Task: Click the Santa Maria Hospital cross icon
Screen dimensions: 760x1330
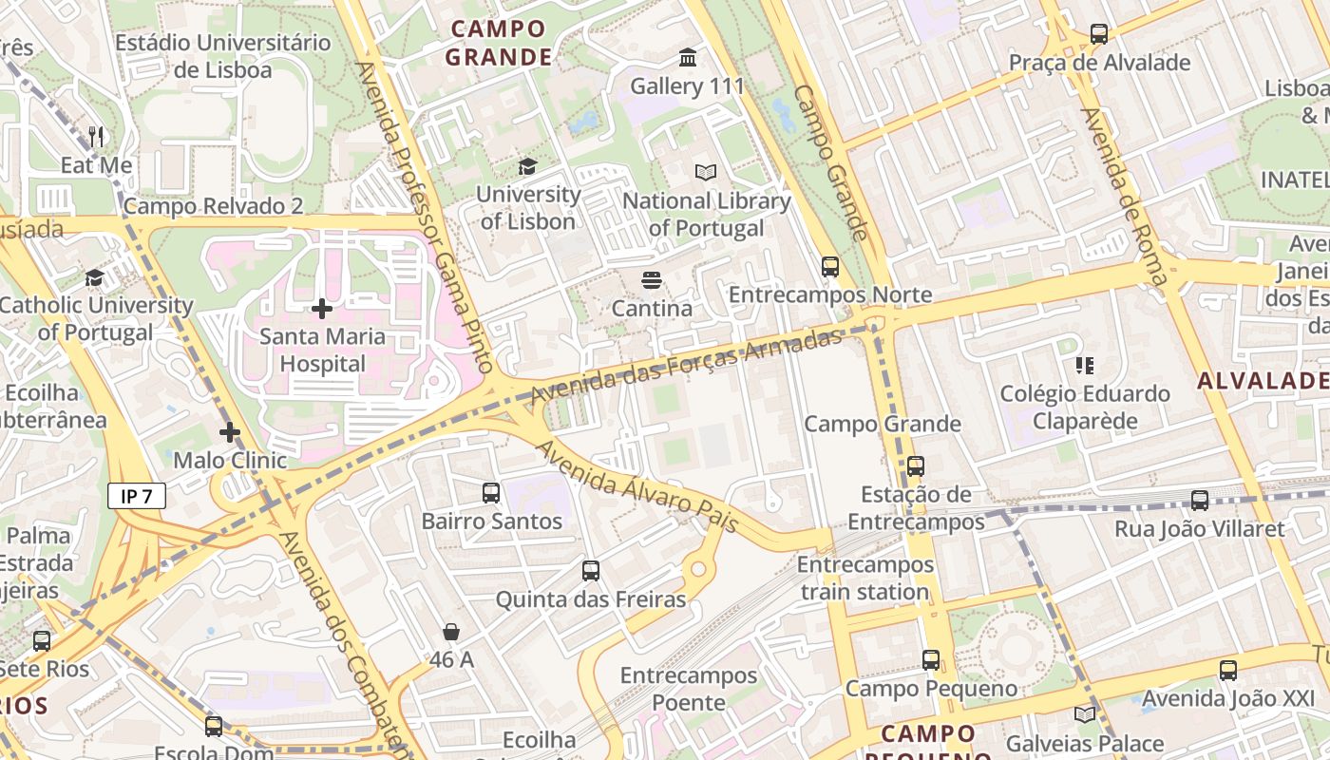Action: pos(322,309)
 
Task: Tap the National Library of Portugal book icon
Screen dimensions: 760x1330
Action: pos(706,172)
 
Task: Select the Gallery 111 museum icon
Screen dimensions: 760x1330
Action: pos(689,58)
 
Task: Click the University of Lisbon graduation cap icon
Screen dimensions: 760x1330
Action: pos(527,166)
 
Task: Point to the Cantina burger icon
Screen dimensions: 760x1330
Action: pos(651,280)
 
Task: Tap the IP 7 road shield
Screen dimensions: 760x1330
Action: pos(136,496)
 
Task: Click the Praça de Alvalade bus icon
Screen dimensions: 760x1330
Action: pos(1099,34)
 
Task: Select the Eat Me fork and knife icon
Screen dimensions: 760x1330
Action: pos(96,137)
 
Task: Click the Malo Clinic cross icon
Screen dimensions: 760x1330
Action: pos(229,433)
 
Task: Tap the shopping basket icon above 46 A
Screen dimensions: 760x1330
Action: pos(451,632)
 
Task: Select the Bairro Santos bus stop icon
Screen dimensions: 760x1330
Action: pos(491,493)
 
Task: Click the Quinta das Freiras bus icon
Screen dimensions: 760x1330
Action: pos(591,571)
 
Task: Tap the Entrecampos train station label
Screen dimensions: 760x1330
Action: pos(864,579)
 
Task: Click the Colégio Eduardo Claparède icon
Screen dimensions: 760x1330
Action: pos(1085,366)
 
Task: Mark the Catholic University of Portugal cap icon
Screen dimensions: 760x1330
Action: pos(95,278)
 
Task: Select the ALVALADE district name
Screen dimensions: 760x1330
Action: pos(1262,381)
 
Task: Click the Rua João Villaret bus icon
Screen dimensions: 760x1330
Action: pos(1200,501)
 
